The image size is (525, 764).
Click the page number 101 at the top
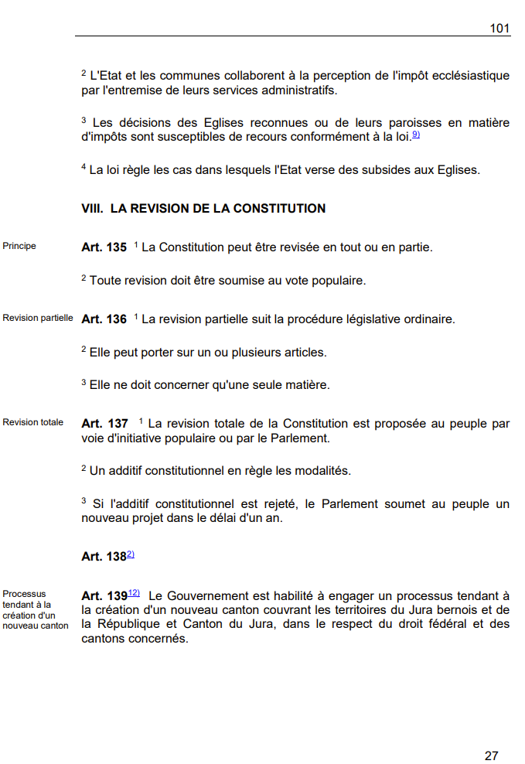tap(499, 28)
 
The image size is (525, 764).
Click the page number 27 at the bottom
tap(492, 755)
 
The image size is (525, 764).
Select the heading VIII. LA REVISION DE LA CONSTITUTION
tap(203, 209)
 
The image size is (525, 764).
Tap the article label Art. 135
tap(104, 248)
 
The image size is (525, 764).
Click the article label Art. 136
tap(104, 319)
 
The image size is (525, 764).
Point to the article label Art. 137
tap(104, 424)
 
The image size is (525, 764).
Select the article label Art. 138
tap(104, 557)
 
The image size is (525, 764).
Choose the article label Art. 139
tap(104, 596)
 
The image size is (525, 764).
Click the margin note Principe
tap(19, 247)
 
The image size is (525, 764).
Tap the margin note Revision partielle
tap(38, 318)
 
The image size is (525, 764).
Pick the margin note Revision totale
tap(33, 422)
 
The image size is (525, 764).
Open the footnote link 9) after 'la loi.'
tap(415, 135)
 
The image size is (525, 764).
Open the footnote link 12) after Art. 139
tap(134, 593)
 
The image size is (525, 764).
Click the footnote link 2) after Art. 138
tap(131, 554)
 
